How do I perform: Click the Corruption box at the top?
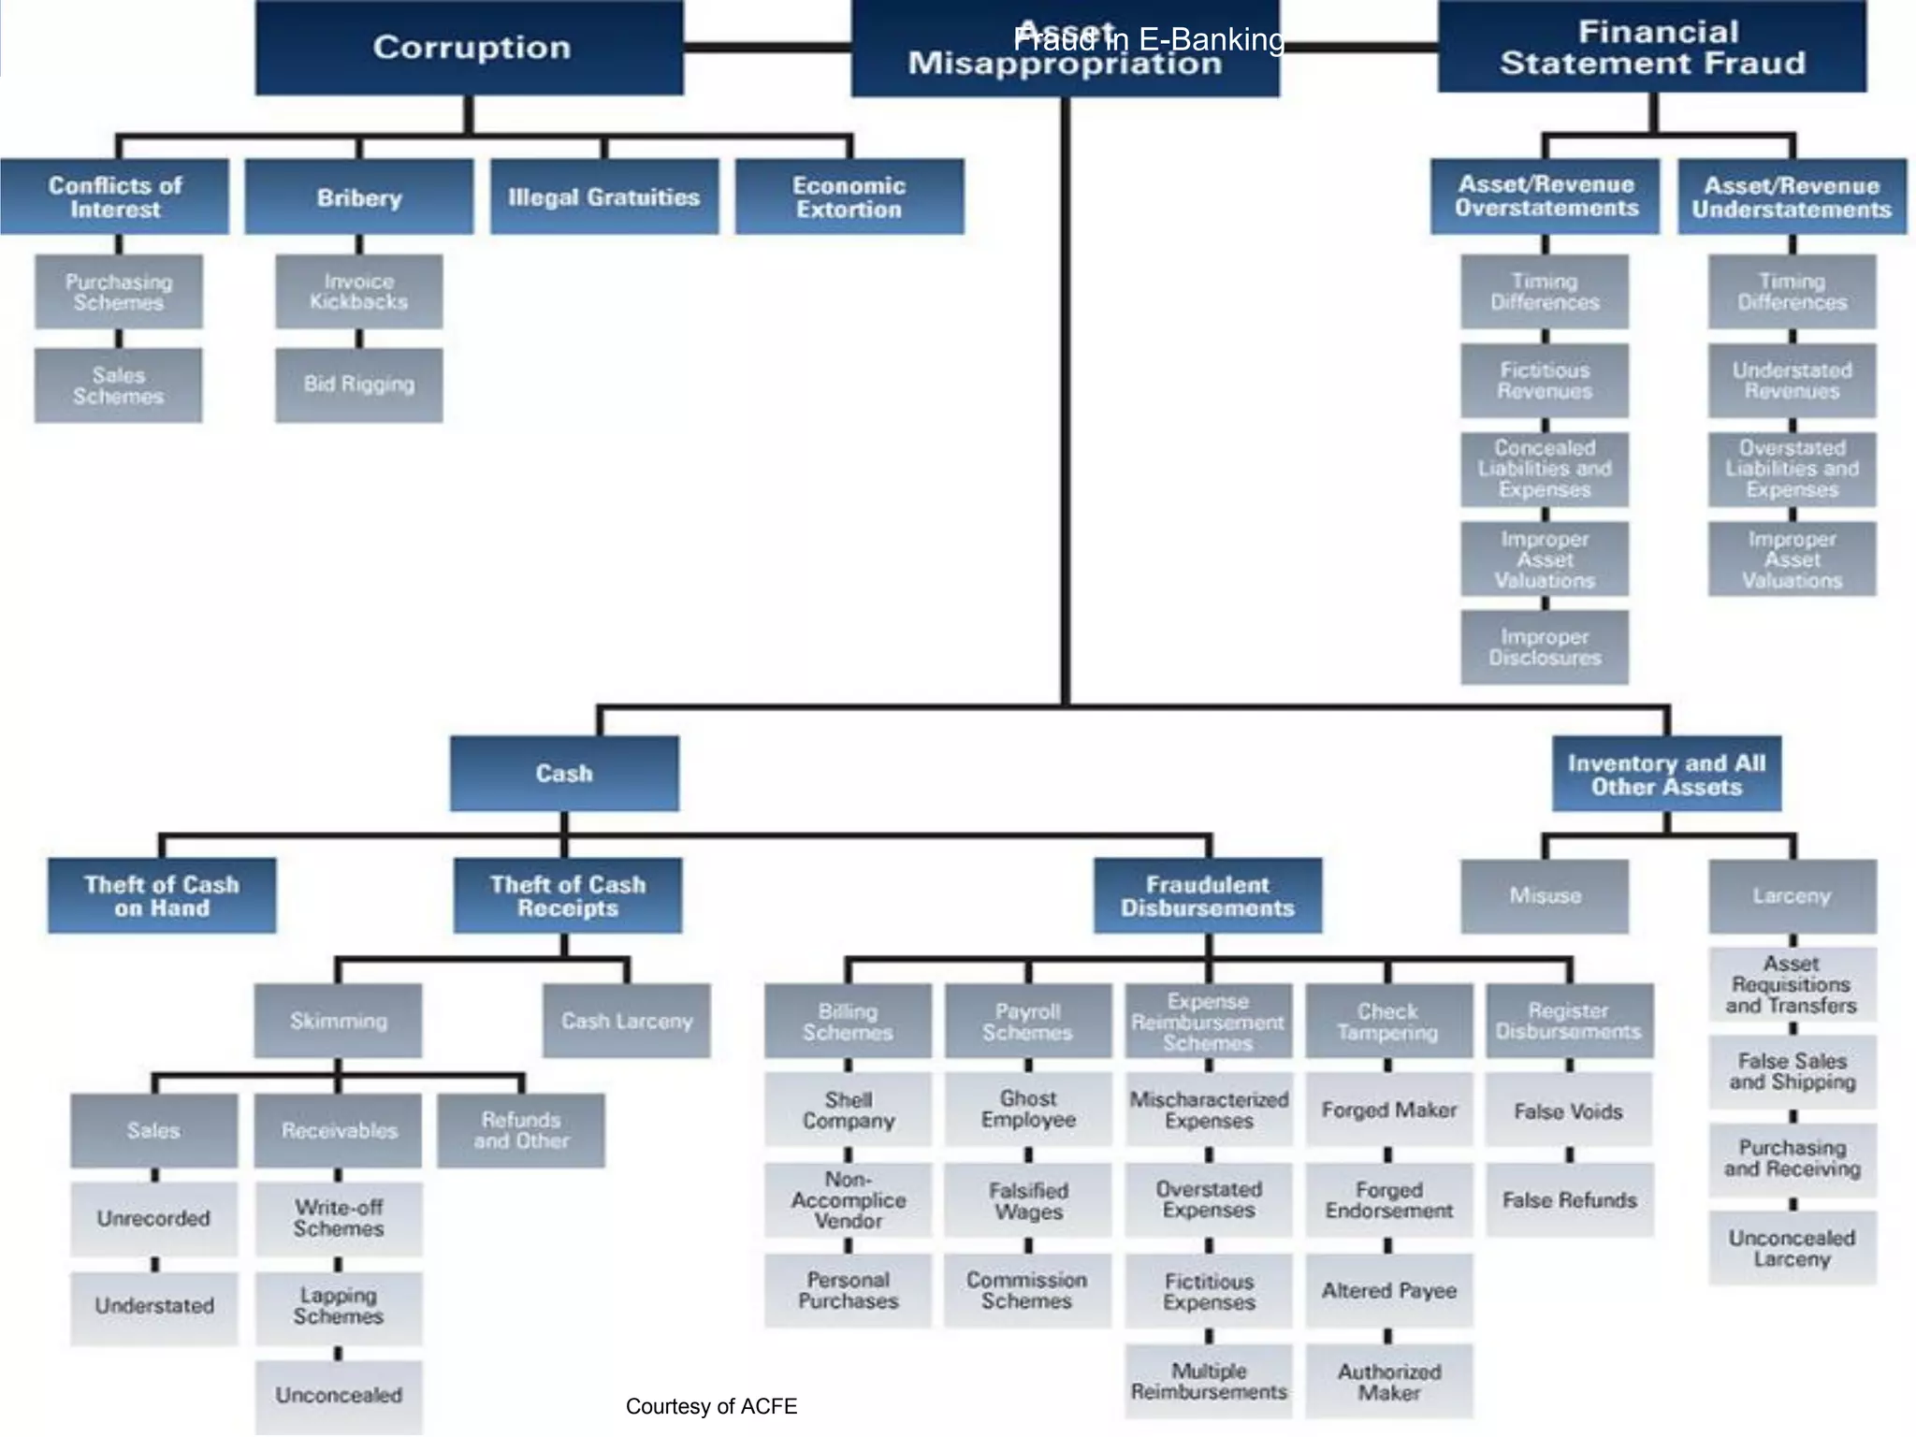point(470,48)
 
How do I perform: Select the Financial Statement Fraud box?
point(1652,48)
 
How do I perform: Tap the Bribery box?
point(359,197)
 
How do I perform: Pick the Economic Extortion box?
point(849,197)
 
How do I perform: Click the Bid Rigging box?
point(359,385)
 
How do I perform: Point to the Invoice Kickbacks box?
point(359,292)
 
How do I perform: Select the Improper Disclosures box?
point(1545,647)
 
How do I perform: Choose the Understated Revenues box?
point(1792,381)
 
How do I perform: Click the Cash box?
point(564,774)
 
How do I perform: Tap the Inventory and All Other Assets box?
point(1666,775)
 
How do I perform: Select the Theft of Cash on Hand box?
point(162,896)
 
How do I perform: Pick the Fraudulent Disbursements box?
point(1208,896)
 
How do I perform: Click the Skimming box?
point(338,1021)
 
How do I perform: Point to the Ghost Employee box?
point(1028,1110)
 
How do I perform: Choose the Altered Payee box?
point(1389,1291)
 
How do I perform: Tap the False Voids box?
point(1569,1111)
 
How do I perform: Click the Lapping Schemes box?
point(338,1307)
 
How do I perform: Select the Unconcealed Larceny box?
point(1792,1248)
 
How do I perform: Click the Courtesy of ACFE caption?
point(711,1407)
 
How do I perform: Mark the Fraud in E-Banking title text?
point(1149,39)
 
